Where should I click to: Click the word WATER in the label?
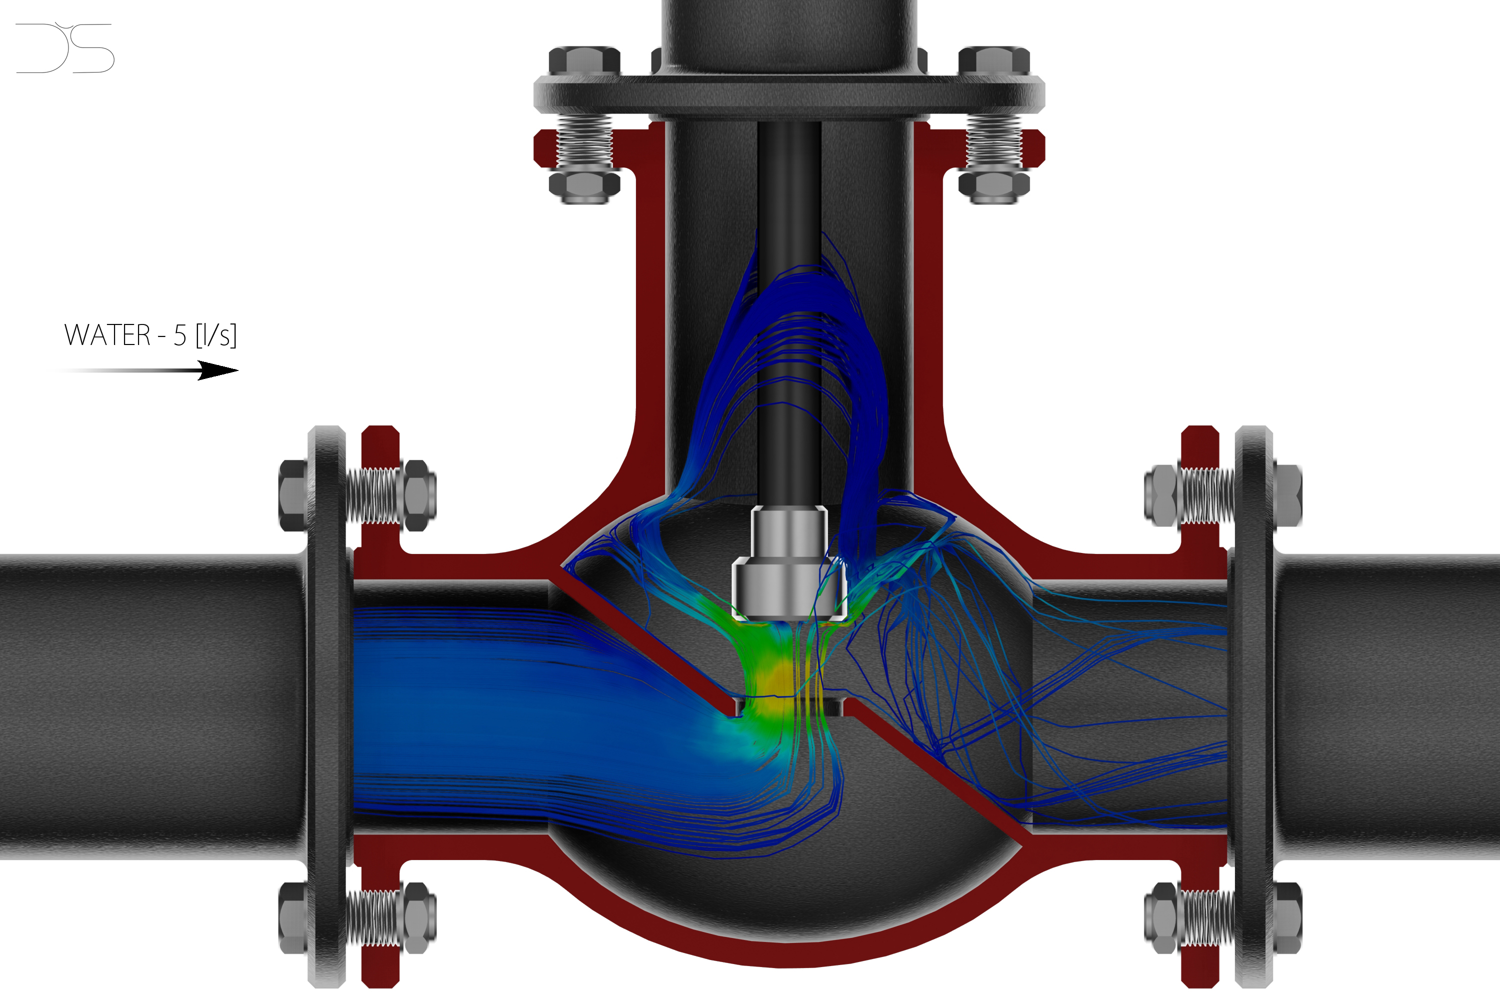(107, 335)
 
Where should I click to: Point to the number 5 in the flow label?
(180, 335)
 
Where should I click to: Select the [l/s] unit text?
(216, 335)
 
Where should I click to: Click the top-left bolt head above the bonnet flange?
(584, 61)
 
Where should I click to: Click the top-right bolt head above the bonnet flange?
(993, 61)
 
